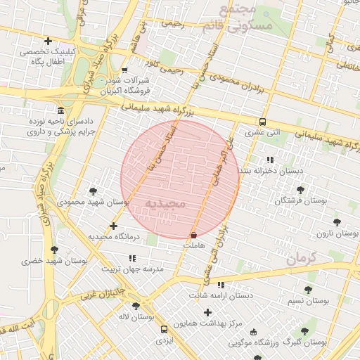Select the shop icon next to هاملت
(193, 235)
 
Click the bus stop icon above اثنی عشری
(262, 121)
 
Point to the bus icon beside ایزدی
(164, 329)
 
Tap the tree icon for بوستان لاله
(136, 305)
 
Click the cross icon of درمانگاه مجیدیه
(113, 226)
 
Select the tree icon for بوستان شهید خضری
(54, 250)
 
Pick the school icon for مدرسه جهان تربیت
(132, 258)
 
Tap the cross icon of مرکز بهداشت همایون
(207, 311)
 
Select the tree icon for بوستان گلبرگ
(304, 331)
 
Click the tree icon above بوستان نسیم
(308, 290)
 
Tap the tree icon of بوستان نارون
(337, 221)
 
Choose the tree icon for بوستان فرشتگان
(300, 190)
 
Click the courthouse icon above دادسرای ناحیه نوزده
(60, 111)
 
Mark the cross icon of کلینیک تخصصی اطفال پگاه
(48, 41)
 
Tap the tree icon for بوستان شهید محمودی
(93, 191)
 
